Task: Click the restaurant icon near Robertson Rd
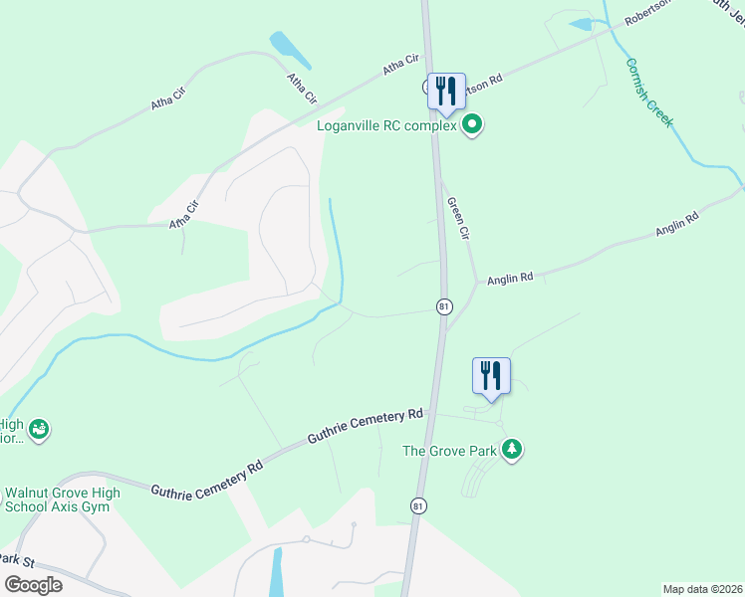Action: pyautogui.click(x=445, y=91)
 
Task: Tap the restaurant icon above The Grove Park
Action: pyautogui.click(x=491, y=375)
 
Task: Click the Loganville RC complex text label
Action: pyautogui.click(x=386, y=126)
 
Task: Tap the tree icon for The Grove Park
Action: pyautogui.click(x=512, y=450)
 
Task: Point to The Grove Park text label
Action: pyautogui.click(x=449, y=451)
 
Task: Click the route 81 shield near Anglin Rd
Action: pyautogui.click(x=443, y=306)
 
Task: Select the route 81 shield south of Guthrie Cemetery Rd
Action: pyautogui.click(x=418, y=505)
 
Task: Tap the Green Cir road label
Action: pyautogui.click(x=457, y=219)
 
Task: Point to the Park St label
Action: pyautogui.click(x=17, y=562)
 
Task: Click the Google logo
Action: pyautogui.click(x=33, y=585)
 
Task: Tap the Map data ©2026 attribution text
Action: pyautogui.click(x=702, y=589)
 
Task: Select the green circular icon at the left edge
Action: pyautogui.click(x=39, y=430)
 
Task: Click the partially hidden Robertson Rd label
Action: pyautogui.click(x=489, y=84)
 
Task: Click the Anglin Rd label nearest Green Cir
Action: pyautogui.click(x=511, y=280)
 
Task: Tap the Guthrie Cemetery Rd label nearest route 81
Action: pyautogui.click(x=366, y=426)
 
